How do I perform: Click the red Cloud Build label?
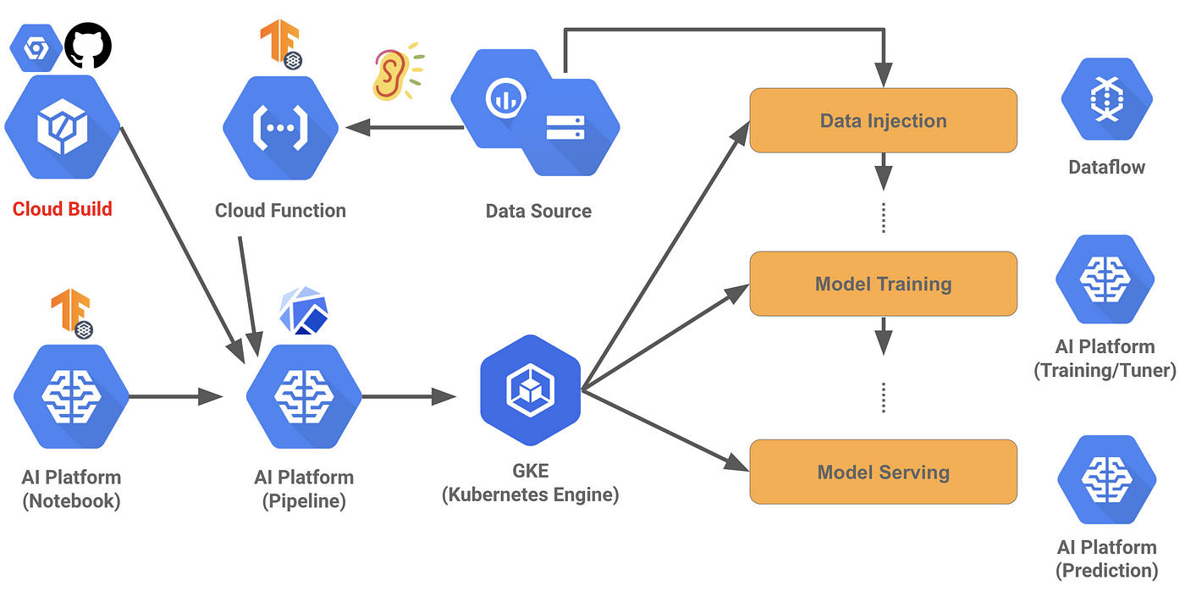[x=62, y=209]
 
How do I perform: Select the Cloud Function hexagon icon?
[x=280, y=128]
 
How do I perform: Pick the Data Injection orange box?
[x=883, y=120]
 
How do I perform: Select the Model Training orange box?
[x=883, y=284]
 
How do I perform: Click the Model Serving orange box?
[x=883, y=472]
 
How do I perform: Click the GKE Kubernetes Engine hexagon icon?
[x=531, y=389]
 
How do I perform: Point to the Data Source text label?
[x=538, y=211]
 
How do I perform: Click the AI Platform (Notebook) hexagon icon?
[x=71, y=395]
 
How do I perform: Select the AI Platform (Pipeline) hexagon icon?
[x=304, y=395]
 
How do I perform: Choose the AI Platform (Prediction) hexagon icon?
[x=1106, y=479]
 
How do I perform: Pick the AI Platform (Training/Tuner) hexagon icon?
[x=1105, y=279]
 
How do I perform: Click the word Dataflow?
[x=1106, y=167]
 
